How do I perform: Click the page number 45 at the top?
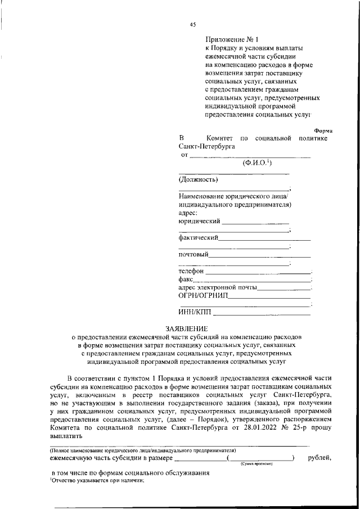tap(192, 24)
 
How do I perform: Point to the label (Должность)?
tap(199, 180)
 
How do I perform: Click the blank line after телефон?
tap(258, 272)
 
